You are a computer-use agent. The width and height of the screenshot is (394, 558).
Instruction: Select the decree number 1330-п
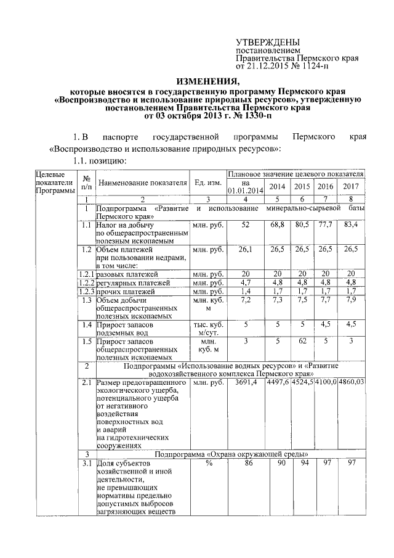tap(254, 115)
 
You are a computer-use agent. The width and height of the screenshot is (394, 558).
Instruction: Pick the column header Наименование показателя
tap(142, 183)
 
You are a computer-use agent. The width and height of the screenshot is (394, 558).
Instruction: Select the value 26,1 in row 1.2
tap(246, 250)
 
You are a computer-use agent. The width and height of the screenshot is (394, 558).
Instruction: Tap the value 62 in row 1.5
tap(302, 340)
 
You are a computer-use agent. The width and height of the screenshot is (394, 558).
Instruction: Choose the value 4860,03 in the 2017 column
tap(352, 383)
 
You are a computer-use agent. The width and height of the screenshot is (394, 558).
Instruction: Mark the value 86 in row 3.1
tap(246, 463)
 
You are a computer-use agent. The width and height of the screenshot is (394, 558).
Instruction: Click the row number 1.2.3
tap(86, 290)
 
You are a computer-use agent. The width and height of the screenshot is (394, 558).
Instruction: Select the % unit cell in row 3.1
tap(209, 463)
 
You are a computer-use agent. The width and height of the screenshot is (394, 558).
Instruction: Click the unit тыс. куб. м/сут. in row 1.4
tap(209, 327)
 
